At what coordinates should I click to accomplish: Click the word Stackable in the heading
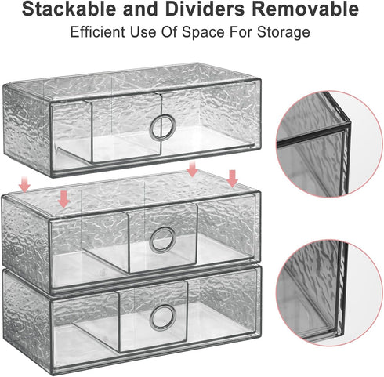69,9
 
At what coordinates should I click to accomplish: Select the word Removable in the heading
305,9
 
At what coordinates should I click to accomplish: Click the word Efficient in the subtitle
97,32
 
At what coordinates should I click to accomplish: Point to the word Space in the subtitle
203,33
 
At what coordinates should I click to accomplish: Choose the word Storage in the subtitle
284,33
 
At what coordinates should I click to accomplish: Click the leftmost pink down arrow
24,183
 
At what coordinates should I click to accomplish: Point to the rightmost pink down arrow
232,179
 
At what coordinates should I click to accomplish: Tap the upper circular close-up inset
329,143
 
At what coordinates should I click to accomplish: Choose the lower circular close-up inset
329,293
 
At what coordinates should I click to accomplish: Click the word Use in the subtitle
143,32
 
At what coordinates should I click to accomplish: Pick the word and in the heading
141,9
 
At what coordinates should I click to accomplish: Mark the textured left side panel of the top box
26,129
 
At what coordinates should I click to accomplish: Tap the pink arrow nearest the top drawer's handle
193,169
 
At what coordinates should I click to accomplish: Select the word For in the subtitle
241,32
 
